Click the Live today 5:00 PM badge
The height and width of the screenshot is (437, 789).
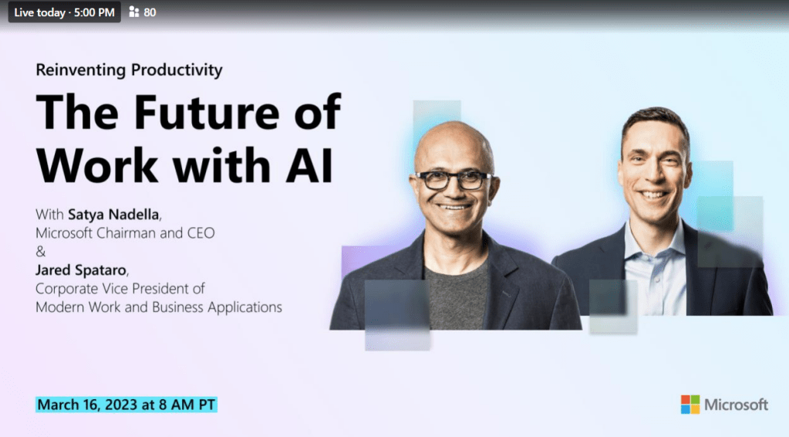65,12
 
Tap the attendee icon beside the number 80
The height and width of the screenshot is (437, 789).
134,12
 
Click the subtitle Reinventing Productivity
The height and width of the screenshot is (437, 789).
129,69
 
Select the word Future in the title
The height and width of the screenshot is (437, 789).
206,112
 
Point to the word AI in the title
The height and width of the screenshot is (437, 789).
309,165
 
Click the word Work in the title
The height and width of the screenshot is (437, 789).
97,164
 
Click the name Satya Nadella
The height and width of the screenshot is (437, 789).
113,215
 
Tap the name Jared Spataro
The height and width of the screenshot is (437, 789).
80,270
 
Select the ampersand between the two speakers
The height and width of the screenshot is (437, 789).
41,251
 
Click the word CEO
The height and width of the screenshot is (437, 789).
201,233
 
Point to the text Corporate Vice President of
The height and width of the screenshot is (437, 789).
120,289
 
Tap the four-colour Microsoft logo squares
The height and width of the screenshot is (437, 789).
690,405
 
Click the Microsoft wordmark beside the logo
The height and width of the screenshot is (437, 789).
736,405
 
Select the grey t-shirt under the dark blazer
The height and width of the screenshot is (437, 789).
456,297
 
